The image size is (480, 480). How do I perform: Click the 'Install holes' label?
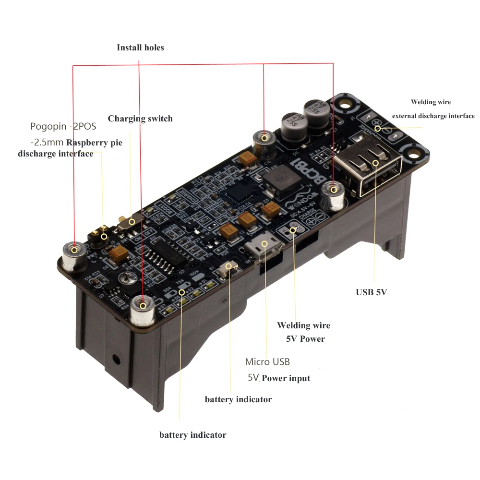point(140,48)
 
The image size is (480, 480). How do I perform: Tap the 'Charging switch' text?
point(140,119)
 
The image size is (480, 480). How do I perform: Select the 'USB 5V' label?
point(371,292)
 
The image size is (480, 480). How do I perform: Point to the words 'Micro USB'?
point(267,361)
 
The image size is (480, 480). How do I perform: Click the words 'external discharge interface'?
point(433,116)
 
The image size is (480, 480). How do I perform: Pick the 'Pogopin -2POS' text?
point(63,127)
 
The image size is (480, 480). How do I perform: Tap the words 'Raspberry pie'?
point(94,143)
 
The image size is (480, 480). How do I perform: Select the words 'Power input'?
point(286,378)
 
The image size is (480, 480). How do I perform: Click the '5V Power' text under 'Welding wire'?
point(305,339)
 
